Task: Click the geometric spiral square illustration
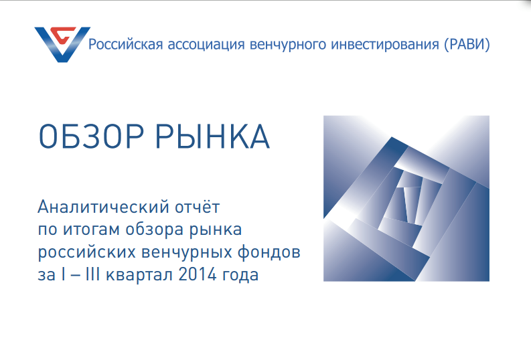point(406,198)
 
